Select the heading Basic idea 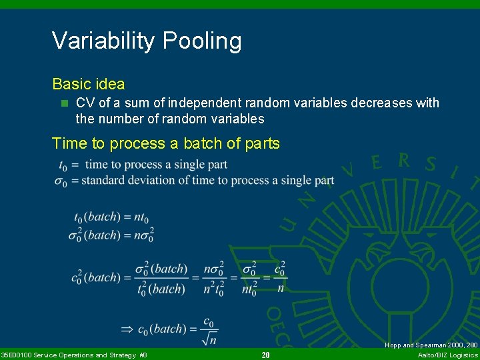pos(88,84)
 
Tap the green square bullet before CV pos(64,103)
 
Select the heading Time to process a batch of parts pos(165,143)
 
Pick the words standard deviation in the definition pos(142,180)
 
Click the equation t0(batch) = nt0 pos(111,217)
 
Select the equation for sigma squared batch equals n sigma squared pos(111,235)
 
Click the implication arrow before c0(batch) pos(127,329)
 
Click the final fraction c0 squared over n pos(280,277)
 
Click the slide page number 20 pos(265,355)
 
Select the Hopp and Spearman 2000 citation pos(431,345)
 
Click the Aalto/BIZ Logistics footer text pos(447,355)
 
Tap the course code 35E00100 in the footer pos(15,355)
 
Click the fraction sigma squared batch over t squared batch pos(160,278)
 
